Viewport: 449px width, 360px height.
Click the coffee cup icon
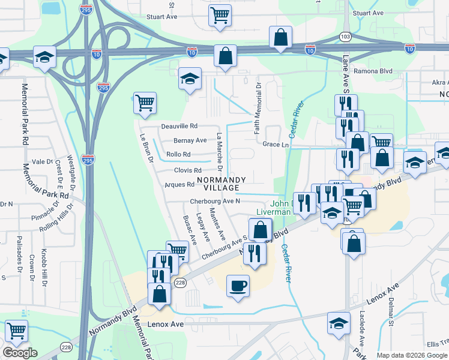(x=238, y=284)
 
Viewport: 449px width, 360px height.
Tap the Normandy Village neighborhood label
(x=221, y=184)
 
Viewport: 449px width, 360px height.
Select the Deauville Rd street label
(x=179, y=127)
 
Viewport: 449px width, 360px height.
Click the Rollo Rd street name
(x=178, y=154)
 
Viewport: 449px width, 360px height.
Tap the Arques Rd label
(x=179, y=185)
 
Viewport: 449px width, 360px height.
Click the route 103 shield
(x=345, y=37)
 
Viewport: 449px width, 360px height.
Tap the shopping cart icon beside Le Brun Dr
(x=145, y=104)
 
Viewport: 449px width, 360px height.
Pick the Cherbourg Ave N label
(x=215, y=201)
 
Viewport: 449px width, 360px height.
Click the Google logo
(x=20, y=353)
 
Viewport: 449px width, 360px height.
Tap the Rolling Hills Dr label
(x=56, y=219)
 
